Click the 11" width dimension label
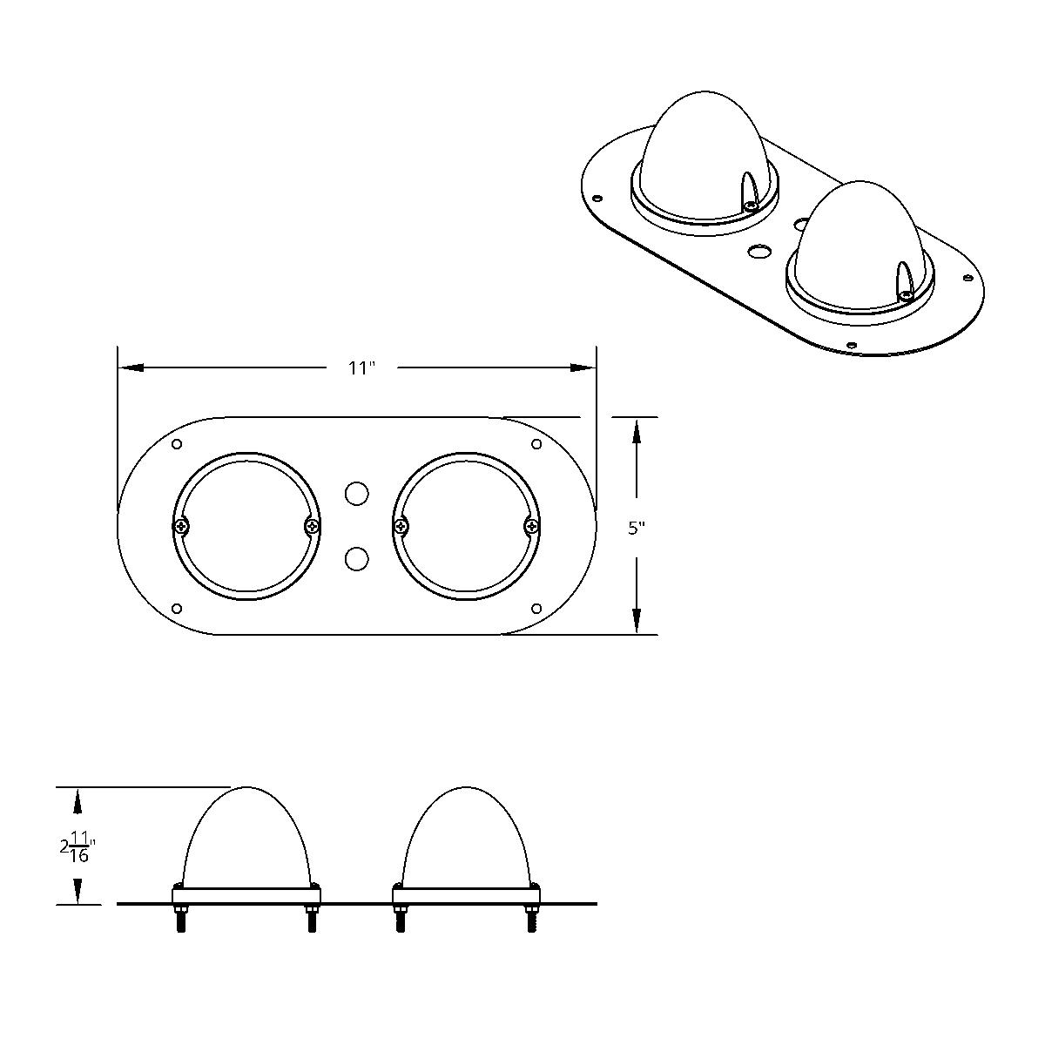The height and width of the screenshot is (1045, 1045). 361,368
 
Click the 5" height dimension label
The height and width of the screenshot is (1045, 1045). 637,528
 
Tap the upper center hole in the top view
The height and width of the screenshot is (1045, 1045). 356,494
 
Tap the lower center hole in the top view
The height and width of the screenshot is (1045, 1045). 356,558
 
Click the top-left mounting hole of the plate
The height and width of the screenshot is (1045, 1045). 178,445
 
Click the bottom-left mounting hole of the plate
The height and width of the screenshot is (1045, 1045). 178,608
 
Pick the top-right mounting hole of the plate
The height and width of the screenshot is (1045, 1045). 536,445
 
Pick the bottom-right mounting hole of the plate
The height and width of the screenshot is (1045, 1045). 536,608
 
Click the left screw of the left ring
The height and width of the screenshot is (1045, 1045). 181,526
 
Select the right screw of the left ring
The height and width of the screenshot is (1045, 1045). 312,526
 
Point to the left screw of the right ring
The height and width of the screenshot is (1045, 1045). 401,526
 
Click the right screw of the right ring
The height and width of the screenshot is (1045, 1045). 531,526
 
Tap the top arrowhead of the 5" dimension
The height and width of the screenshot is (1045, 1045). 637,430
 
